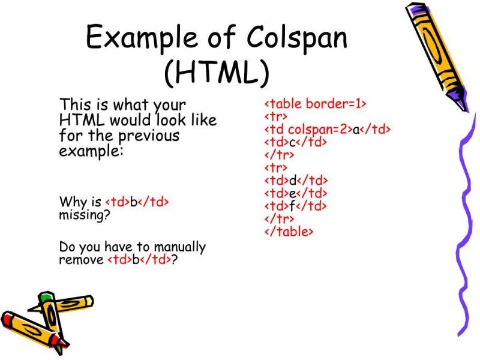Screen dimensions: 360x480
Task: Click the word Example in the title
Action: tap(150, 38)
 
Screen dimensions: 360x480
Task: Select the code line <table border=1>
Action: tap(315, 104)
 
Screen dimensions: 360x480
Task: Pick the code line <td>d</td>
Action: tap(296, 181)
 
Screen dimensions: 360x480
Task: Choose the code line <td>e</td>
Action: tap(296, 193)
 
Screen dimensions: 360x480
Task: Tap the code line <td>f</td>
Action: tap(296, 206)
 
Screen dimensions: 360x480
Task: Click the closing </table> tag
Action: tap(289, 231)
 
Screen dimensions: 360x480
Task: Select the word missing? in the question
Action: tap(84, 215)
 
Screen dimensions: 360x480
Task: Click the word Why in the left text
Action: tap(71, 202)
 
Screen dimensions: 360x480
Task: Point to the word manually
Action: tap(180, 247)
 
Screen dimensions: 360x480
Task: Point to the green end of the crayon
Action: tap(46, 298)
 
